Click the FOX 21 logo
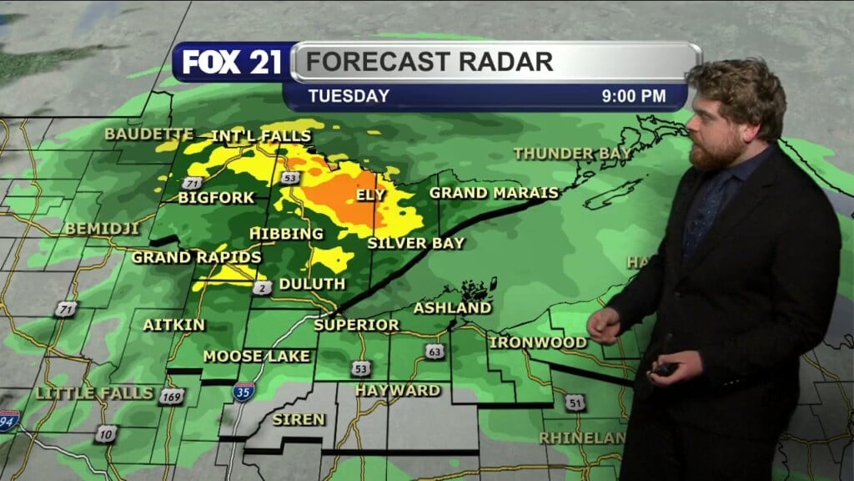[231, 63]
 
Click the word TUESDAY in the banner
[349, 96]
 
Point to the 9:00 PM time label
[634, 96]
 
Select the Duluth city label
[312, 284]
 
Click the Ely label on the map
[371, 195]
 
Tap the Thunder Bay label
[572, 153]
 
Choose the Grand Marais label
[494, 193]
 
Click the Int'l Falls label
[261, 135]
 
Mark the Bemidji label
[102, 228]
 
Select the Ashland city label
[453, 308]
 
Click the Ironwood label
[538, 342]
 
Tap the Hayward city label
[398, 390]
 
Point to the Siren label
[299, 419]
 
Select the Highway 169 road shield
[171, 397]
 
